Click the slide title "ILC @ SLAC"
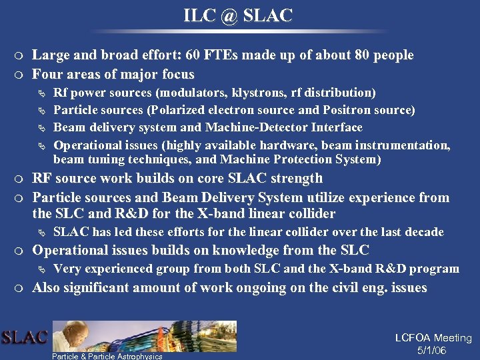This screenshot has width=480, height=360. (238, 15)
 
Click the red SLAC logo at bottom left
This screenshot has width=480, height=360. (24, 337)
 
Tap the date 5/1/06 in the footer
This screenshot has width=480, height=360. (431, 351)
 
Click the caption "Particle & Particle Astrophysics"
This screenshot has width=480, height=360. (107, 356)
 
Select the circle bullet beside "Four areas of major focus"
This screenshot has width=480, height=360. (23, 75)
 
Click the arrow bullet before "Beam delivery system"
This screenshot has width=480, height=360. (43, 128)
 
